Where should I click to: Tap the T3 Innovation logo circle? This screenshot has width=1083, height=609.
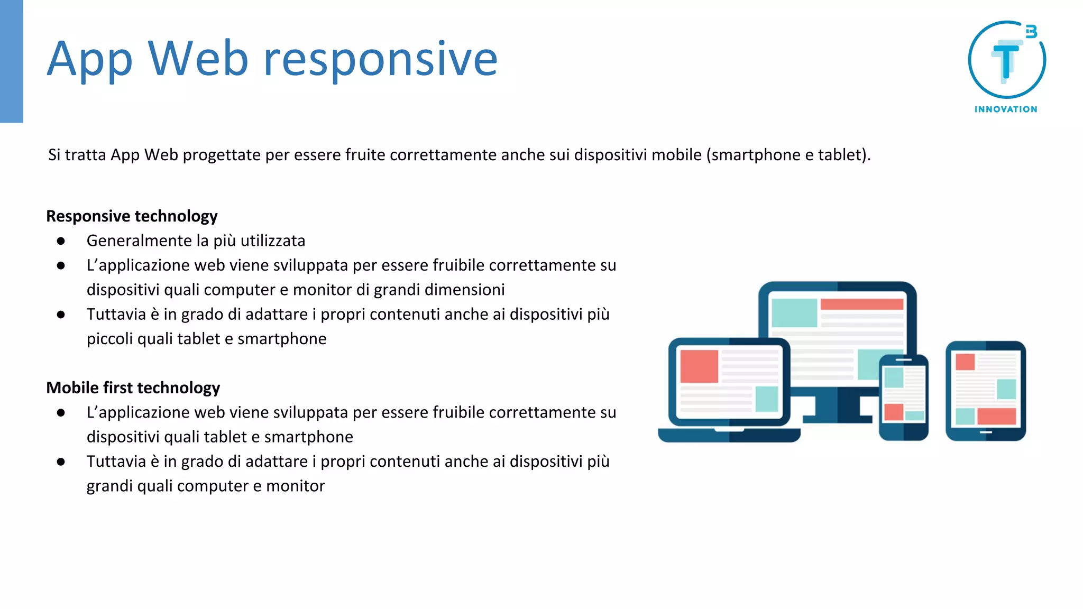(1006, 60)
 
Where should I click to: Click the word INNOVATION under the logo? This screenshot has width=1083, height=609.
(1006, 109)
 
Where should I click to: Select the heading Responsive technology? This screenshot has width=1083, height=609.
(132, 216)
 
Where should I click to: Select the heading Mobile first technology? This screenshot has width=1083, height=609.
(133, 388)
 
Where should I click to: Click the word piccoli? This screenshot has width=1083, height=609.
(109, 339)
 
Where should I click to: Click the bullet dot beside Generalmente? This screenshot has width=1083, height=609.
(61, 241)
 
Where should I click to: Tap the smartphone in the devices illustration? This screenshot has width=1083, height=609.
(903, 398)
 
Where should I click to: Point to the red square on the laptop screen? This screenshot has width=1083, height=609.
(699, 366)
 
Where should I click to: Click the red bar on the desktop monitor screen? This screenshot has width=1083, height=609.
(861, 304)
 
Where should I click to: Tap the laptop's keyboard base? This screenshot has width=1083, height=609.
(729, 436)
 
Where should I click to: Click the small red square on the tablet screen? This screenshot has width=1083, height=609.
(965, 362)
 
